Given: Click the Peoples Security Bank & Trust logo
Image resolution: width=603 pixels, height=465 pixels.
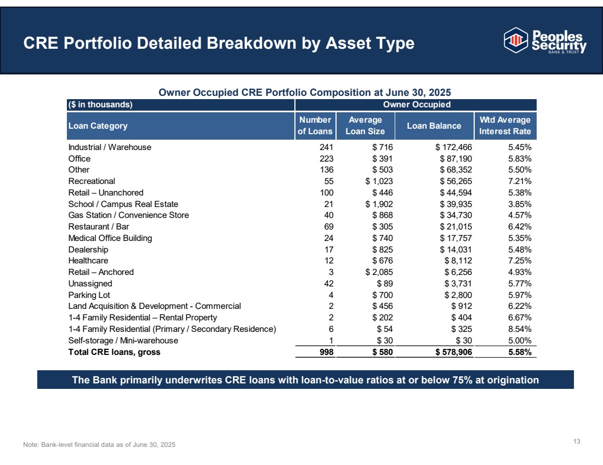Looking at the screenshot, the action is coord(545,41).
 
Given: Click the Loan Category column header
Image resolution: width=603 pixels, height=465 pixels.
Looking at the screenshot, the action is coord(98,126).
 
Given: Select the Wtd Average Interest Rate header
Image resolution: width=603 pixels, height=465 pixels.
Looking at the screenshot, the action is coord(505,125).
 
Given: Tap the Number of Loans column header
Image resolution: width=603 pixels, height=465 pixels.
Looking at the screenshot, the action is coord(315,125).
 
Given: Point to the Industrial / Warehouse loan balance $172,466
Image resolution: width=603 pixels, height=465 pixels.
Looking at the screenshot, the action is coord(453,147).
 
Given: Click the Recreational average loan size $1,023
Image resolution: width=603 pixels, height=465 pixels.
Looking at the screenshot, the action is coord(379,181).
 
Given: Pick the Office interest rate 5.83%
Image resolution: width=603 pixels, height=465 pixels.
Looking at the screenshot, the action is coord(520,159).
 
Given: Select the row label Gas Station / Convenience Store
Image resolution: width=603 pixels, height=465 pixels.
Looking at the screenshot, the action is coord(128,215).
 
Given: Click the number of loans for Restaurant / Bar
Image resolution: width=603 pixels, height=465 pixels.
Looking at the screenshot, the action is coord(329,227).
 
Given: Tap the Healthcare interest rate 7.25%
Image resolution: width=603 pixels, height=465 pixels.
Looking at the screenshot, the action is coord(520,261).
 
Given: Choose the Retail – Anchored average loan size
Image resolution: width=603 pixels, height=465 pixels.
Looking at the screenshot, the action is coord(379,272).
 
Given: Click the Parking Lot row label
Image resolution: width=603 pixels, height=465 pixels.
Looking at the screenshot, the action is coord(89,295).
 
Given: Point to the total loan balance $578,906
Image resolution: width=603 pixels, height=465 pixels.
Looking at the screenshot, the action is coord(453,352).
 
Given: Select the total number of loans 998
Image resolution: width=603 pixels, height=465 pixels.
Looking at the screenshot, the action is coord(327,352).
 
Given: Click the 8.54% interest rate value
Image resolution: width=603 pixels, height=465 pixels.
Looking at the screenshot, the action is coord(520,329).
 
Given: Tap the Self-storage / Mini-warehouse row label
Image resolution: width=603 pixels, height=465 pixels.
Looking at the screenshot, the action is coord(123,341).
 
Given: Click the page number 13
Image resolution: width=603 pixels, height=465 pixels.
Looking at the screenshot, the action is coord(577,441).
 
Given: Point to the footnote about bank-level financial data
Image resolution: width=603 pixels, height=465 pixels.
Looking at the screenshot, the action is coord(99,445).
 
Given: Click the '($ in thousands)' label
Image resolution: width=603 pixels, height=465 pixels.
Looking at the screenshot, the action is coord(100,105).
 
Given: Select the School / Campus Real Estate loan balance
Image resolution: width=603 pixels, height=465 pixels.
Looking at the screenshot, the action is coord(456,204).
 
